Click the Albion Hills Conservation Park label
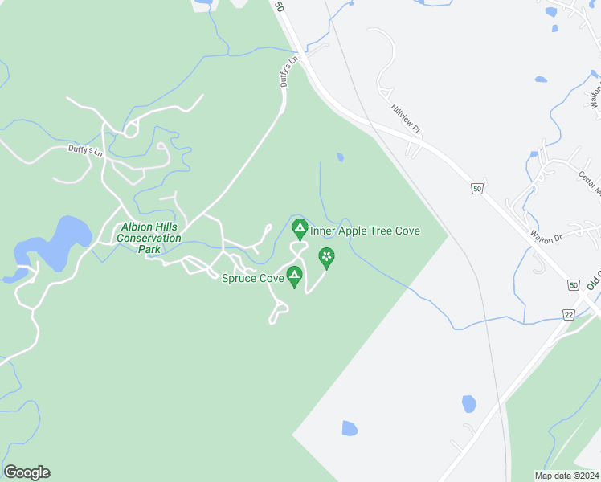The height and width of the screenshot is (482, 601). coord(149,238)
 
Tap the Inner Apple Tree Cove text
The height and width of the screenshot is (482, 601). coord(366,231)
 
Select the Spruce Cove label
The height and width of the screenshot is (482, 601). coord(252,279)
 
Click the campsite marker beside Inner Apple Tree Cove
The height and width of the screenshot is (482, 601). coord(300,230)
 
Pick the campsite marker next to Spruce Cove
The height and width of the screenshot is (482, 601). coord(295,276)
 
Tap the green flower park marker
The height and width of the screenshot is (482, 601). coord(327,257)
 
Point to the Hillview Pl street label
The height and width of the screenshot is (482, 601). coord(406,120)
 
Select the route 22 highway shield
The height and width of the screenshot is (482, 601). coord(569,314)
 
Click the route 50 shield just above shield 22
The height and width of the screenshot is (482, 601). coord(573,285)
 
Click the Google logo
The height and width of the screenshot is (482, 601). coord(27,472)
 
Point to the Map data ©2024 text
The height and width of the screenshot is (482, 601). coord(566,476)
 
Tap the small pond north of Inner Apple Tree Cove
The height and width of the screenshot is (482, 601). coord(341,157)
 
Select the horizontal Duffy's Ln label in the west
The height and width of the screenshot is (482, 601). coord(86,150)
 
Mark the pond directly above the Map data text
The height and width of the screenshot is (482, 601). coord(469,402)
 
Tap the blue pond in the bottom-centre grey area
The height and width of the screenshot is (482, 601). coord(350,428)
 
